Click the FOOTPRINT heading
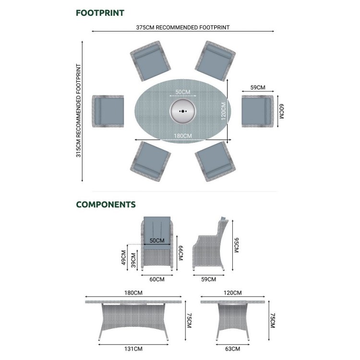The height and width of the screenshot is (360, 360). click(x=100, y=13)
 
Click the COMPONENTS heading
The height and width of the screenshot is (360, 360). click(x=106, y=204)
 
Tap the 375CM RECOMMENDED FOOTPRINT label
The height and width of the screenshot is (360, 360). click(x=183, y=27)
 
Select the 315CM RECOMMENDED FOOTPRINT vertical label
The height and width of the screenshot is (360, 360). click(x=79, y=111)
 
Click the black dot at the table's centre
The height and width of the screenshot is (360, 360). click(x=183, y=111)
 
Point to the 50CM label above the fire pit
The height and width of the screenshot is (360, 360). click(x=183, y=92)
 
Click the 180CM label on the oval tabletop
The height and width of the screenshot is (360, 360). click(x=183, y=136)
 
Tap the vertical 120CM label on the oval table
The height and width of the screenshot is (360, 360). click(x=223, y=111)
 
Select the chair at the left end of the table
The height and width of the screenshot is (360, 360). click(x=108, y=111)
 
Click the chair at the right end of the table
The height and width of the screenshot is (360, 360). click(x=258, y=111)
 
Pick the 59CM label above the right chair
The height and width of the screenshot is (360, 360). click(x=258, y=87)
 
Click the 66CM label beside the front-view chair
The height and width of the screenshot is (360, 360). click(x=180, y=253)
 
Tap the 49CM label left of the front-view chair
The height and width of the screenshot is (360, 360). click(x=123, y=258)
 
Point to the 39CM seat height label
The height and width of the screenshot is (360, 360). click(x=133, y=260)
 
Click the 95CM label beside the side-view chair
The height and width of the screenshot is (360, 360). click(x=236, y=245)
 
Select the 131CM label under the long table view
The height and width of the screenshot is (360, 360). click(x=133, y=349)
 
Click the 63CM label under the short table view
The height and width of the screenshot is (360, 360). click(x=233, y=349)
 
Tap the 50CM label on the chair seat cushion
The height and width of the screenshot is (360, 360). click(x=157, y=240)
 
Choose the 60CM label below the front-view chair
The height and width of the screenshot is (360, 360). click(x=157, y=279)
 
